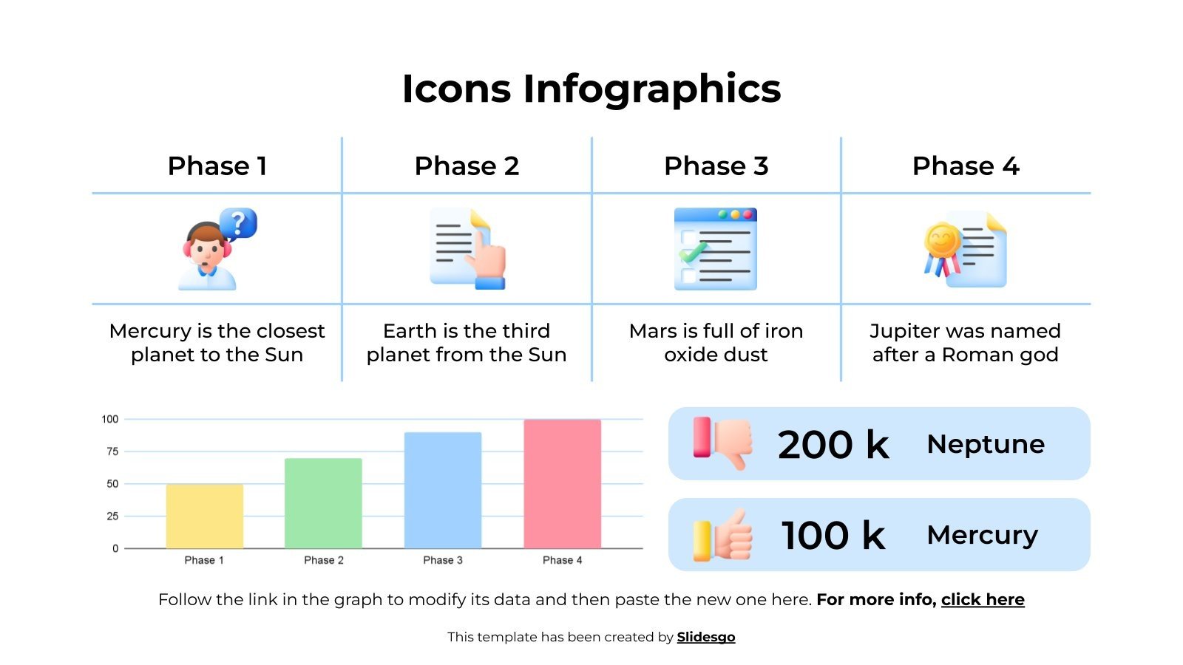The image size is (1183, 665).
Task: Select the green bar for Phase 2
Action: (323, 503)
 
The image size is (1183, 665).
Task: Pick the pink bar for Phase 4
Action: (562, 484)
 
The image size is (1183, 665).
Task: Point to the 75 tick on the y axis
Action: (112, 451)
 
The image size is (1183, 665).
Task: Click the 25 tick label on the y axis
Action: (112, 516)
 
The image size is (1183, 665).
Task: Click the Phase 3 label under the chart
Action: (443, 560)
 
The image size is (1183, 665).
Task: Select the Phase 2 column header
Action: (467, 166)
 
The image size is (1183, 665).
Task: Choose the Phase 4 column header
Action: (966, 166)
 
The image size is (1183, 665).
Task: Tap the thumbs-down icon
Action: (722, 442)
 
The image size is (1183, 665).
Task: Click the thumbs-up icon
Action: (723, 535)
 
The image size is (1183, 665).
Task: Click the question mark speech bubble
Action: (238, 222)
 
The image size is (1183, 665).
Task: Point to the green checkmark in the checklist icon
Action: (694, 253)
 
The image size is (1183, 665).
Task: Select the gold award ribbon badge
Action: (942, 242)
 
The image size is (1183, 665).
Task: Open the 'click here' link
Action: (983, 599)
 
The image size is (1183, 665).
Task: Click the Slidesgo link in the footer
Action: (706, 637)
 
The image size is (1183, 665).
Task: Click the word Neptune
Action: (986, 444)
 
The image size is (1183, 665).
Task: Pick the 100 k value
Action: (833, 535)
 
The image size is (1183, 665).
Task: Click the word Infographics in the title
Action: (652, 89)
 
